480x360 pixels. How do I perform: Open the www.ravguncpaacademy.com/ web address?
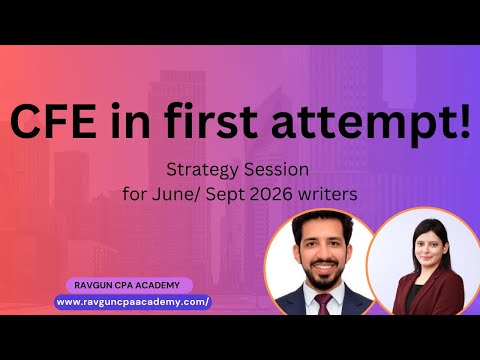pos(132,301)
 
